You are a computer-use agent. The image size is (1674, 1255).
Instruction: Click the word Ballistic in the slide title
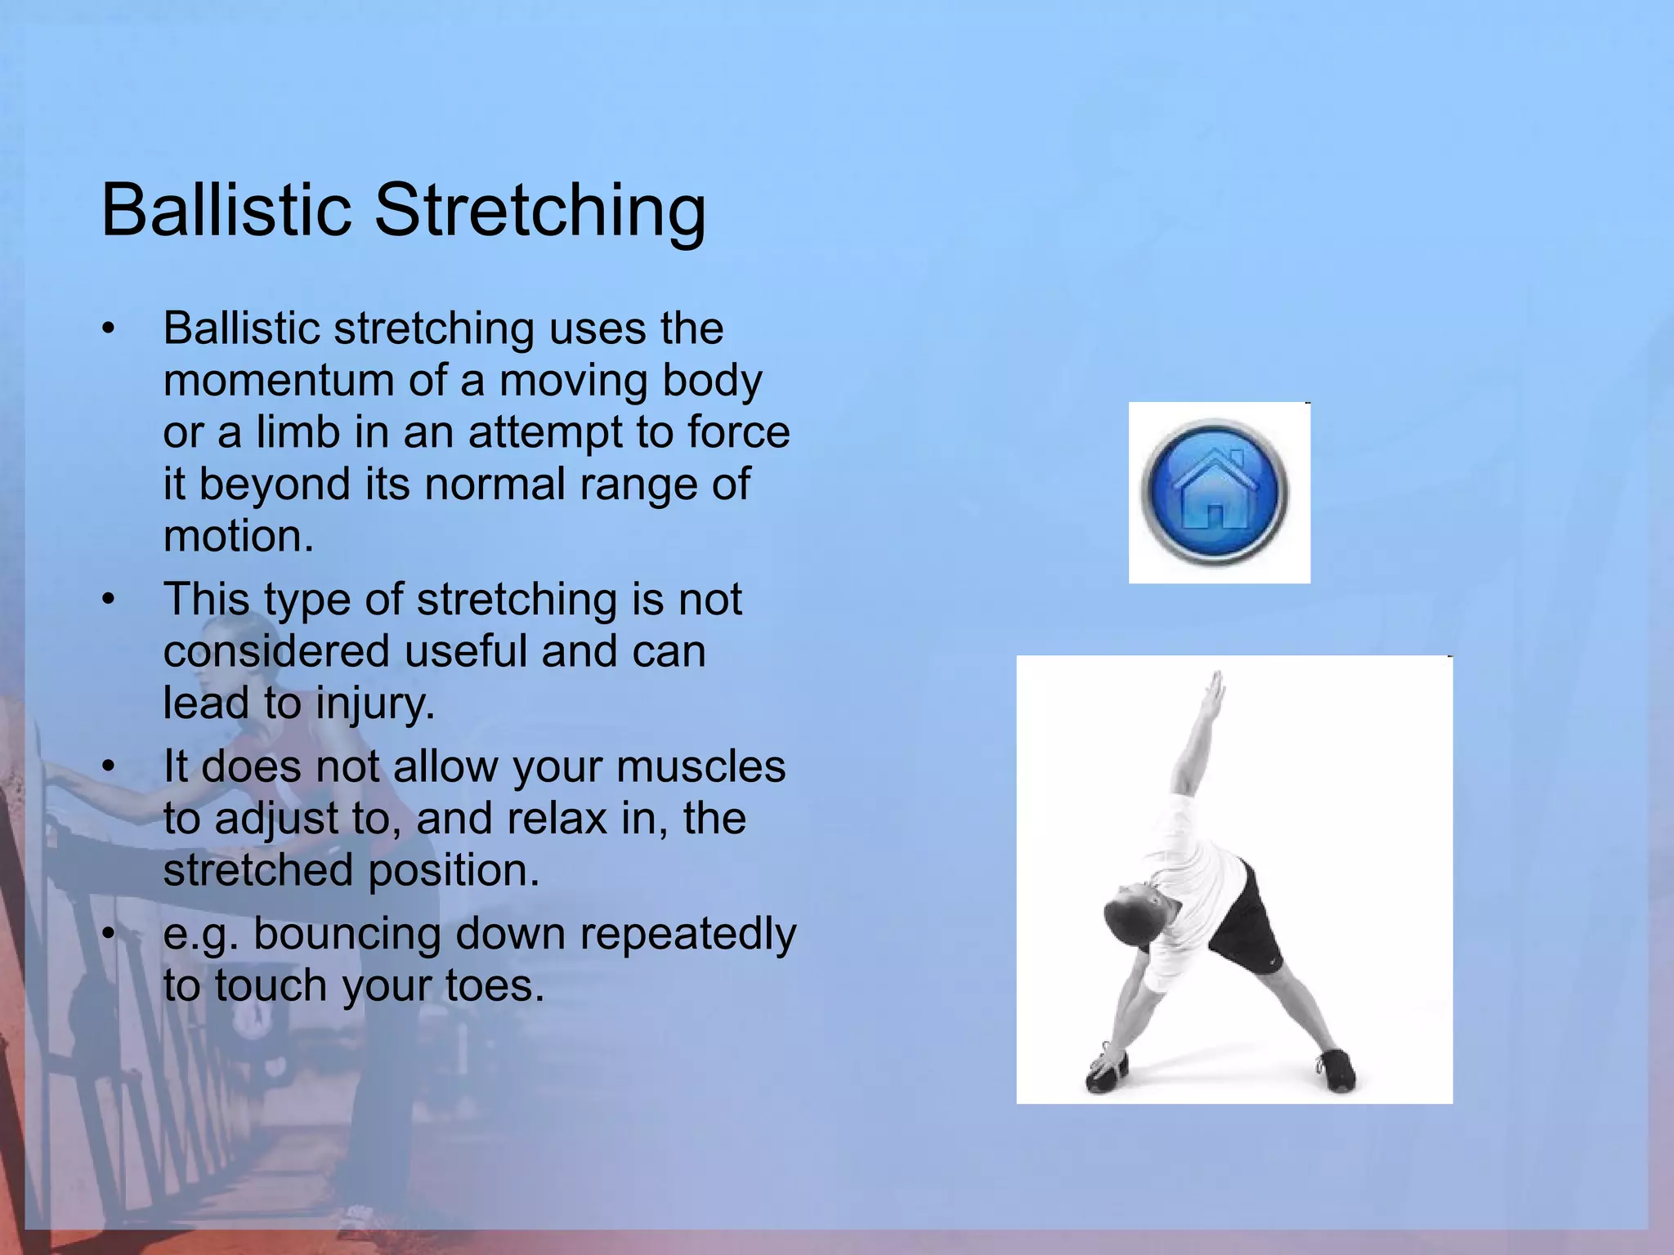tap(226, 211)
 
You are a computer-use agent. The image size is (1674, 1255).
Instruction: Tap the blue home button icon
tap(1215, 492)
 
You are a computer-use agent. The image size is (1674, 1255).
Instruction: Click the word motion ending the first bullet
tap(237, 537)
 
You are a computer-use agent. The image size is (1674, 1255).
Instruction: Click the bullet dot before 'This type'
tap(109, 600)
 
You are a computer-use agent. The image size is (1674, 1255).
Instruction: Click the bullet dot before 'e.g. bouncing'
tap(109, 934)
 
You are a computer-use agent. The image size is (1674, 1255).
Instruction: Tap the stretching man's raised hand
tap(1215, 690)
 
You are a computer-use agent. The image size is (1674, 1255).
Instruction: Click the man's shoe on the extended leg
tap(1336, 1070)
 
